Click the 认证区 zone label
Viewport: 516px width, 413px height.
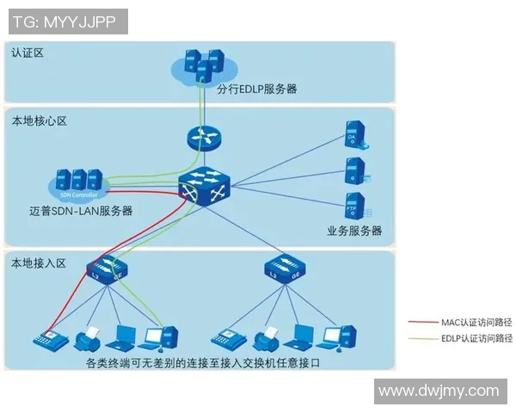28,52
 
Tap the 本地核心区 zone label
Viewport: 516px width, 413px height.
39,121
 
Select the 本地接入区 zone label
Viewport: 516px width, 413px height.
39,262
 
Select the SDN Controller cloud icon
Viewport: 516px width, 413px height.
78,183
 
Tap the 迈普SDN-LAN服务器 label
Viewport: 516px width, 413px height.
81,211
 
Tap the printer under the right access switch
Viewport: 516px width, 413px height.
266,335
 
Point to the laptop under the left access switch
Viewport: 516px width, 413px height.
125,335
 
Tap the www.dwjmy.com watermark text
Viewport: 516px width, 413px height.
439,391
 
